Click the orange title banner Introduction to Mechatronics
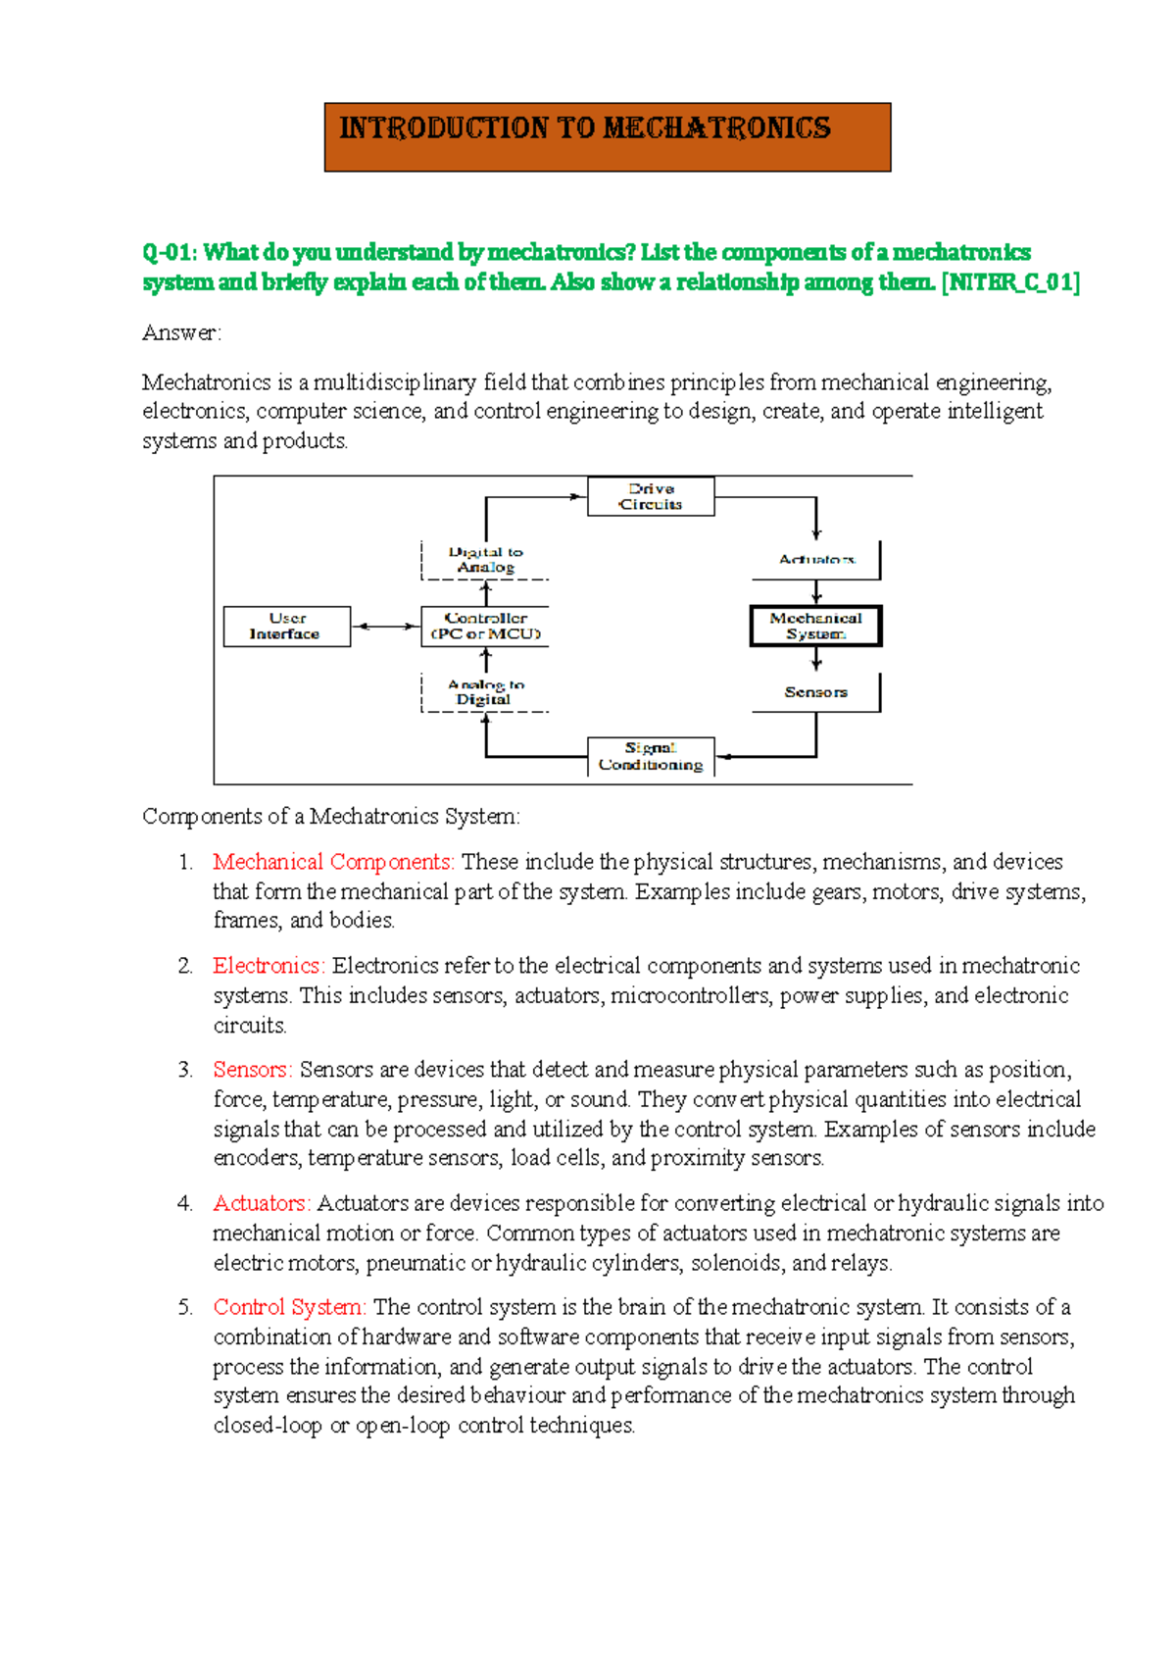click(607, 137)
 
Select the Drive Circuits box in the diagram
click(651, 496)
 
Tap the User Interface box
click(286, 627)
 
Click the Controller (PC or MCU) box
click(485, 627)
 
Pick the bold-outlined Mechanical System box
click(815, 627)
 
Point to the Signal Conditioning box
click(651, 757)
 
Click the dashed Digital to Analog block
click(485, 560)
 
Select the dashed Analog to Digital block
click(485, 692)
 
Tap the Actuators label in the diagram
click(816, 560)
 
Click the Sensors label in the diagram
click(815, 692)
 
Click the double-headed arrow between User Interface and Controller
click(385, 627)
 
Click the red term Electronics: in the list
click(269, 966)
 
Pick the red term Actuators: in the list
click(262, 1203)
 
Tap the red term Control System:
click(289, 1307)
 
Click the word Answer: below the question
click(182, 333)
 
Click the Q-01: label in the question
click(170, 253)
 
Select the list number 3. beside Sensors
click(185, 1070)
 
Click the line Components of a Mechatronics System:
click(331, 817)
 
